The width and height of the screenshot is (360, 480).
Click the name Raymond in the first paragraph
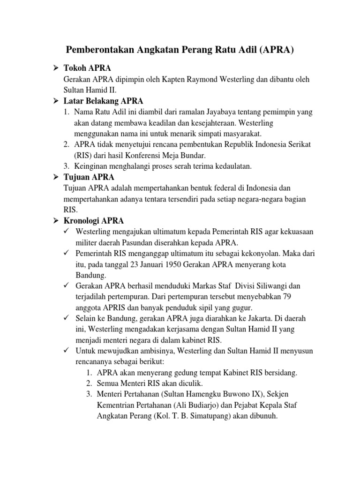210,79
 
